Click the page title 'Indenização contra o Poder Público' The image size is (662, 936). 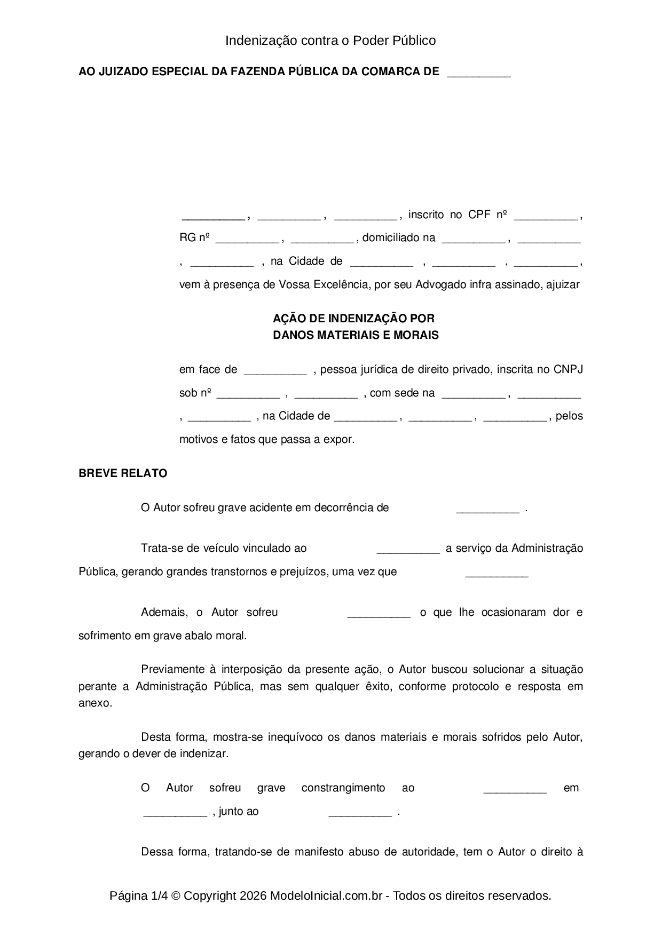coord(330,41)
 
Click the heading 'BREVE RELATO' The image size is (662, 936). coord(123,473)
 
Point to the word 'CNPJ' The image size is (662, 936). coord(568,369)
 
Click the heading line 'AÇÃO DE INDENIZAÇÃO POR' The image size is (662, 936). coord(353,319)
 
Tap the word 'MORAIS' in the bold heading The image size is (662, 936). coord(415,335)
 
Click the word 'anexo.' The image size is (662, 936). coord(96,703)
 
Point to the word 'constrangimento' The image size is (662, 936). coord(343,788)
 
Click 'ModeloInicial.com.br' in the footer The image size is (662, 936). coord(326,895)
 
